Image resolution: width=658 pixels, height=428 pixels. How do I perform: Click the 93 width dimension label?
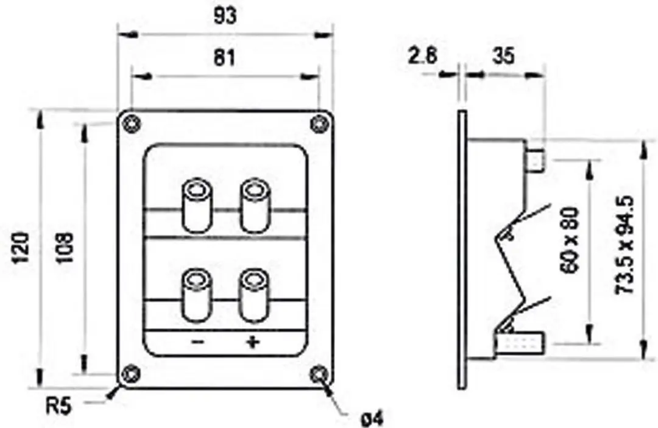[225, 16]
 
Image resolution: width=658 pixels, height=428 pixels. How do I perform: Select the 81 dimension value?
[224, 57]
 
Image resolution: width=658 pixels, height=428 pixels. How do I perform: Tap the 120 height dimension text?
[21, 248]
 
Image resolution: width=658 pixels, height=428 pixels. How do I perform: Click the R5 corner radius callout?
[58, 406]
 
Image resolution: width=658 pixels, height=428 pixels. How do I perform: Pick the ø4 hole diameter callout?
[372, 418]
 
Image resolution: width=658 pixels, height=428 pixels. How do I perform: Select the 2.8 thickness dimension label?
[422, 56]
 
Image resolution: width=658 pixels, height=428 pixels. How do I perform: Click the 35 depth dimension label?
[503, 56]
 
